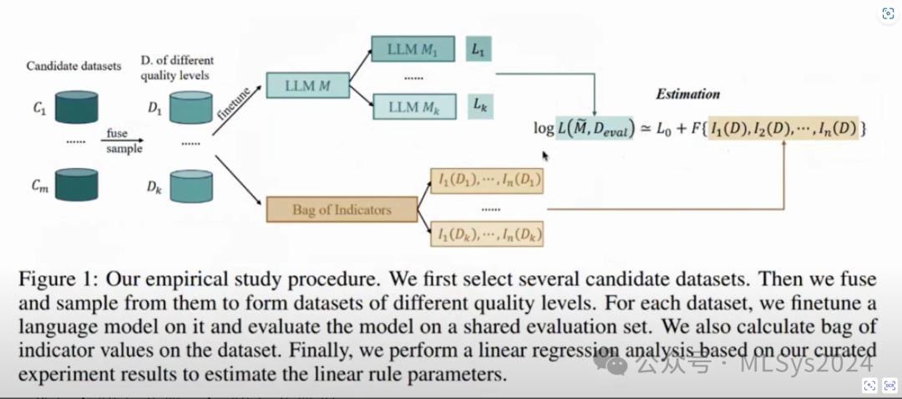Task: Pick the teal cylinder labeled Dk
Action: [x=191, y=186]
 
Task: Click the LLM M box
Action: [x=307, y=86]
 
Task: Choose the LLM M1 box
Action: [x=418, y=49]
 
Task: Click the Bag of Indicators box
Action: [x=341, y=209]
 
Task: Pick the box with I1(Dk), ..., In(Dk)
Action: [x=486, y=235]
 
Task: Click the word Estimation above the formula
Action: [x=687, y=94]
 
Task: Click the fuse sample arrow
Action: [x=124, y=141]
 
